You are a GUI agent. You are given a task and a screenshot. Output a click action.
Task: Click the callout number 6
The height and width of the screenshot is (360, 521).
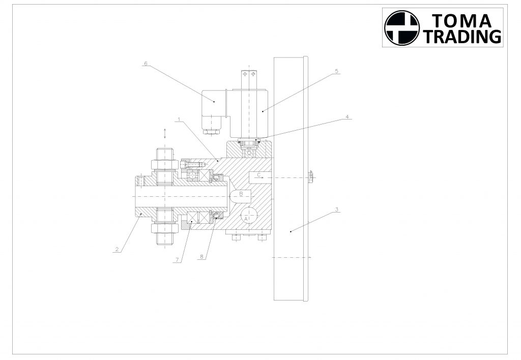146,64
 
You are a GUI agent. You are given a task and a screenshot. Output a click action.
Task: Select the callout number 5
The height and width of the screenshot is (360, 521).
336,71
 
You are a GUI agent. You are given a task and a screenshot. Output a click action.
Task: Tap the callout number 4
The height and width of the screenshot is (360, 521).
347,117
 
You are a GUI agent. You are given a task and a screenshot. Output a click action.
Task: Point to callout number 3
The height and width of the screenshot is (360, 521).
337,209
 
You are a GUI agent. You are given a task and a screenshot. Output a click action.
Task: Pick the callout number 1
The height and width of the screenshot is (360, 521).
179,119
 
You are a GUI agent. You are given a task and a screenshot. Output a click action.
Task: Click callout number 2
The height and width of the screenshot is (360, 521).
117,249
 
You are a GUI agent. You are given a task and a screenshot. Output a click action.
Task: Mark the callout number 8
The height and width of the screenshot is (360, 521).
201,257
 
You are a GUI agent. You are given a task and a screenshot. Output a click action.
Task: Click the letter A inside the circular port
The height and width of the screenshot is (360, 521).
246,219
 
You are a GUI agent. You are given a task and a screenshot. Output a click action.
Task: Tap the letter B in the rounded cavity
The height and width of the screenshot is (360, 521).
242,194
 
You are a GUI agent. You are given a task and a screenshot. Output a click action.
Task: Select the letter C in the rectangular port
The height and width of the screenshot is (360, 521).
259,175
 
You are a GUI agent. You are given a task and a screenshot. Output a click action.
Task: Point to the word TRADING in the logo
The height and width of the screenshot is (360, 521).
462,36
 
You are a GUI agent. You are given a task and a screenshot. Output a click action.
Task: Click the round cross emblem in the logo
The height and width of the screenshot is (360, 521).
402,27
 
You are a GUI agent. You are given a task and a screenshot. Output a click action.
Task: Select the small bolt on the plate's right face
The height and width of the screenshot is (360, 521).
311,177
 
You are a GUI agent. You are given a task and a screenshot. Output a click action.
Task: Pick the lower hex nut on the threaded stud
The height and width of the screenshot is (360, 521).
164,228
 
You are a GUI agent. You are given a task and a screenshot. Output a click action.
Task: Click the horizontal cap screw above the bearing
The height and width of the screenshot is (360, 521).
192,164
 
